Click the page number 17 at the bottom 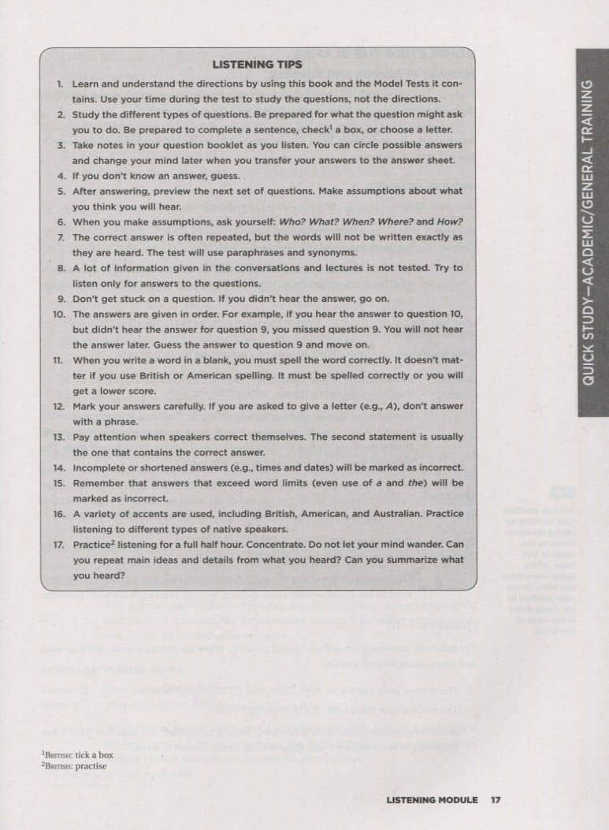tap(496, 800)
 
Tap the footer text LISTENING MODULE tap(432, 800)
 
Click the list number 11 tap(58, 360)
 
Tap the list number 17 tap(58, 545)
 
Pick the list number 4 tap(61, 176)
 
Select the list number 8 tap(61, 268)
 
